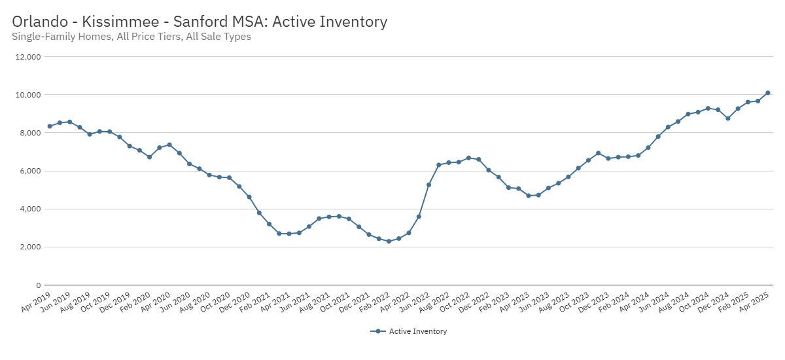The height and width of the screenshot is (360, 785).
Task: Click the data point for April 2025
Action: coord(767,93)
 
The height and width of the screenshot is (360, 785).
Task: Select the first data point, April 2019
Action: coord(50,126)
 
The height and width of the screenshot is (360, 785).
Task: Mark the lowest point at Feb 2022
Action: coord(389,242)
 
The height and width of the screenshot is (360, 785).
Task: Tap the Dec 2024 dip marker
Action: coord(727,118)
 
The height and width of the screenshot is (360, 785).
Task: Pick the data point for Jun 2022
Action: coord(428,185)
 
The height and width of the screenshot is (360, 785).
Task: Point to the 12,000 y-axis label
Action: coord(28,57)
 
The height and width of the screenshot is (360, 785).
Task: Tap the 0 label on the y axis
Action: coord(38,285)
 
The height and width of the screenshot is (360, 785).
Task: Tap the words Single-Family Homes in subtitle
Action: coord(61,37)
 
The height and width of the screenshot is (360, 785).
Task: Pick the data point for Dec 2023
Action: coord(598,153)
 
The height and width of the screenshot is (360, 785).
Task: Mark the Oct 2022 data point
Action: coord(468,158)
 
